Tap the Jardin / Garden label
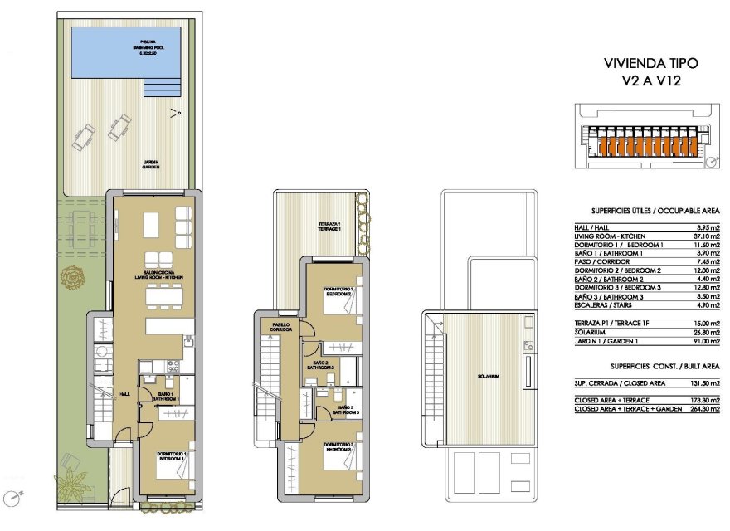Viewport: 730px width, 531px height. pyautogui.click(x=150, y=164)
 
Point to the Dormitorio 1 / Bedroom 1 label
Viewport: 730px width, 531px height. pyautogui.click(x=174, y=455)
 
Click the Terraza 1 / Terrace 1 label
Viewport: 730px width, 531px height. pyautogui.click(x=329, y=226)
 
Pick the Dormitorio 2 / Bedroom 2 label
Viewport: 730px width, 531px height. pyautogui.click(x=339, y=291)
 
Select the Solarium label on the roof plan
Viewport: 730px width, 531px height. pyautogui.click(x=488, y=377)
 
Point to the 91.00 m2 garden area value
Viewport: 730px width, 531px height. pyautogui.click(x=705, y=339)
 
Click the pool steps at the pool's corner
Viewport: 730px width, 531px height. pyautogui.click(x=163, y=87)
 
